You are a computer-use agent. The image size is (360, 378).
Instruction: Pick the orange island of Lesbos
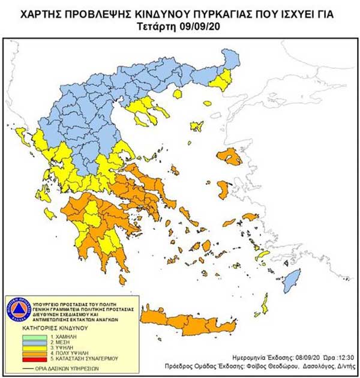[230, 158]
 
